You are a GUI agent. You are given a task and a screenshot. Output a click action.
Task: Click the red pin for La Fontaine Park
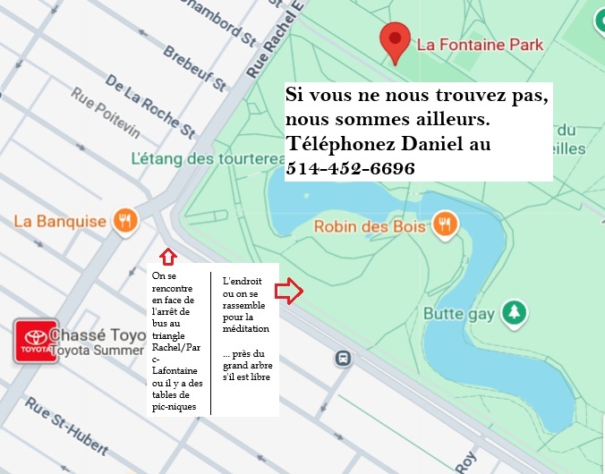click(395, 39)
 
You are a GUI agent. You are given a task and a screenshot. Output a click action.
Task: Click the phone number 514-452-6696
click(350, 168)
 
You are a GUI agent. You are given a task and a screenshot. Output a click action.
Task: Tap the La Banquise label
click(60, 221)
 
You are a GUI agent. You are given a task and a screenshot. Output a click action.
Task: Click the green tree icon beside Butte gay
click(514, 312)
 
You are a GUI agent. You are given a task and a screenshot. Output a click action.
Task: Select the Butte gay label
click(459, 312)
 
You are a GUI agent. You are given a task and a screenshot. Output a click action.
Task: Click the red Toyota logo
click(36, 342)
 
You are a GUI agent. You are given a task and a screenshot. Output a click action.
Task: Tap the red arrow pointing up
click(165, 258)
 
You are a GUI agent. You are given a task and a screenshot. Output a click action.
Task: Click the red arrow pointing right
click(288, 291)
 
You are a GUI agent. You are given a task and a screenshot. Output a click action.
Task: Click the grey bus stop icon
click(342, 358)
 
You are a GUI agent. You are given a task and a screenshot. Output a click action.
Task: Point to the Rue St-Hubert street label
click(66, 425)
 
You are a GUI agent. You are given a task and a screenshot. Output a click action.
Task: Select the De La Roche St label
click(149, 106)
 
